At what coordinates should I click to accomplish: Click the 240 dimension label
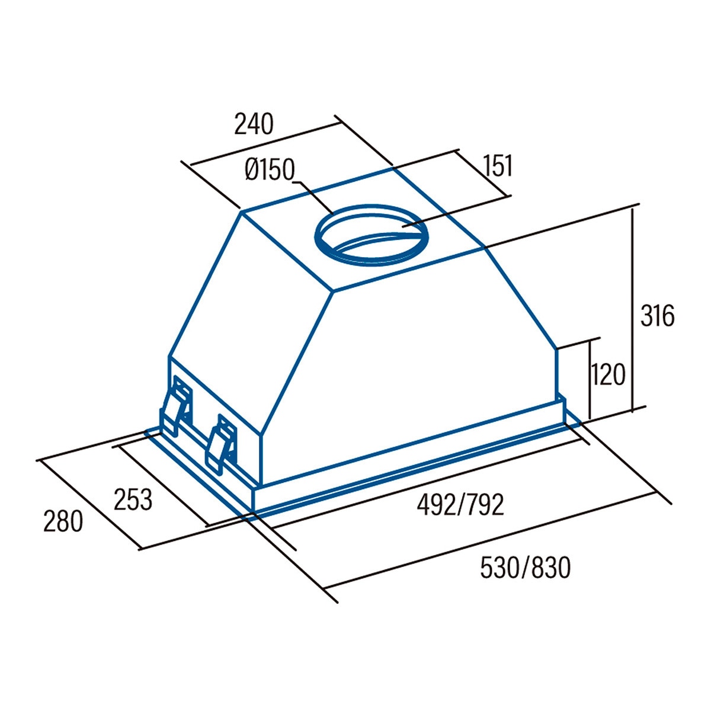[x=254, y=124]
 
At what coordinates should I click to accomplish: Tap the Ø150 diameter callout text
[x=270, y=169]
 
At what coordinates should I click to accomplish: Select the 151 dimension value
[x=498, y=166]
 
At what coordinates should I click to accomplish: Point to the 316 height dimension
[x=657, y=315]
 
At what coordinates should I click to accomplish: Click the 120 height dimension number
[x=608, y=374]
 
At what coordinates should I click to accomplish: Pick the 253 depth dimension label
[x=133, y=499]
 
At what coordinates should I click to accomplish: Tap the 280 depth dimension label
[x=63, y=521]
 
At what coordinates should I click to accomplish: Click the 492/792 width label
[x=460, y=505]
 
